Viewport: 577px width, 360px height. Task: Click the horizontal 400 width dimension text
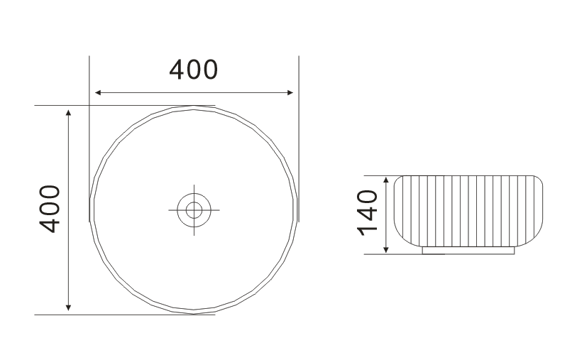click(x=194, y=70)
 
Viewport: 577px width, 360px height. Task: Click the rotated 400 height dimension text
click(x=49, y=209)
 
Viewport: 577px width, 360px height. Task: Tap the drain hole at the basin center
click(x=194, y=209)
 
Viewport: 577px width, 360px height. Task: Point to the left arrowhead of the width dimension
click(x=99, y=92)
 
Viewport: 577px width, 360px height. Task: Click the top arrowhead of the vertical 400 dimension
click(x=68, y=112)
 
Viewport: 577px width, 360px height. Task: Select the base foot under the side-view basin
click(x=468, y=250)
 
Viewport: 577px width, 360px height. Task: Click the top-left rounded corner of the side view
click(x=398, y=179)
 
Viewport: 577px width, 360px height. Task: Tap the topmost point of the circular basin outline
click(x=194, y=106)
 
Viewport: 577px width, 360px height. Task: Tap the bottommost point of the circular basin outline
click(x=194, y=312)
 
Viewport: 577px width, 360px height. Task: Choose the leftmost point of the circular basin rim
click(x=90, y=209)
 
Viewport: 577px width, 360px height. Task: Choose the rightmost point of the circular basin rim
click(x=297, y=209)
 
